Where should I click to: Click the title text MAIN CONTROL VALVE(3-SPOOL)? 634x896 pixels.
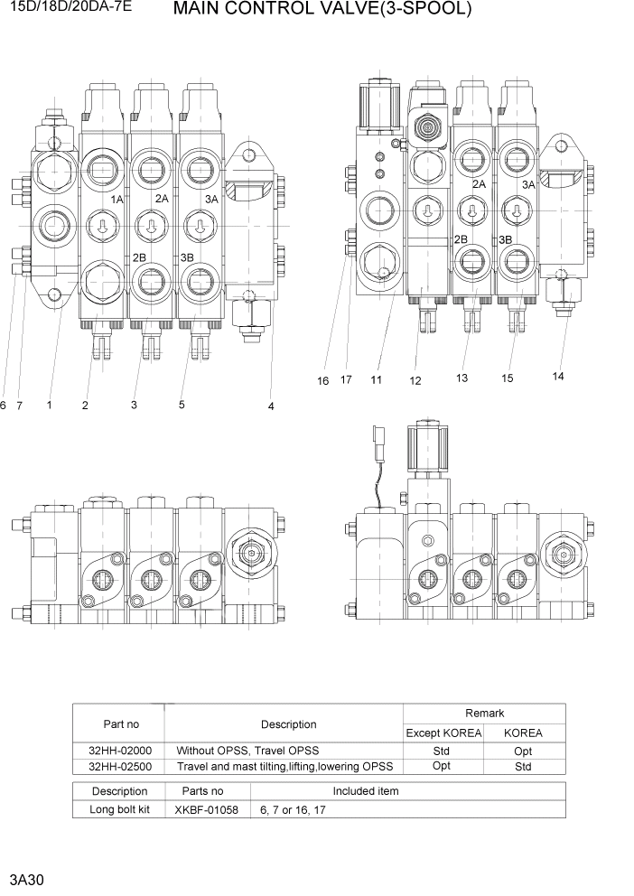point(322,10)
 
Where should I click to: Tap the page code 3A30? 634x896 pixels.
point(24,877)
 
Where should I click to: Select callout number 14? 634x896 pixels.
point(557,377)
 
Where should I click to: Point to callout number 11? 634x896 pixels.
point(377,380)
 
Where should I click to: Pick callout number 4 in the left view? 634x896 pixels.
point(271,406)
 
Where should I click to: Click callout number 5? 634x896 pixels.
point(182,405)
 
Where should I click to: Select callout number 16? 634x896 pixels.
point(322,381)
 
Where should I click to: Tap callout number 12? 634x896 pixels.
point(415,381)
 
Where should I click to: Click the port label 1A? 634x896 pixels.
point(117,199)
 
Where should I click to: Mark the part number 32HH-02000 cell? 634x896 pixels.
point(120,751)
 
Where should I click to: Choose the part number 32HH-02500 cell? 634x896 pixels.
point(120,767)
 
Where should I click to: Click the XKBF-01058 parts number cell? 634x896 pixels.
point(207,810)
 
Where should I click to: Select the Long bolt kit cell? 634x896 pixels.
point(120,810)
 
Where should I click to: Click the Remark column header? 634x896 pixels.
point(484,714)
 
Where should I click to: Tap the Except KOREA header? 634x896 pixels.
point(442,733)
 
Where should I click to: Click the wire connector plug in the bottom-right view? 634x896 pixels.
point(378,449)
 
